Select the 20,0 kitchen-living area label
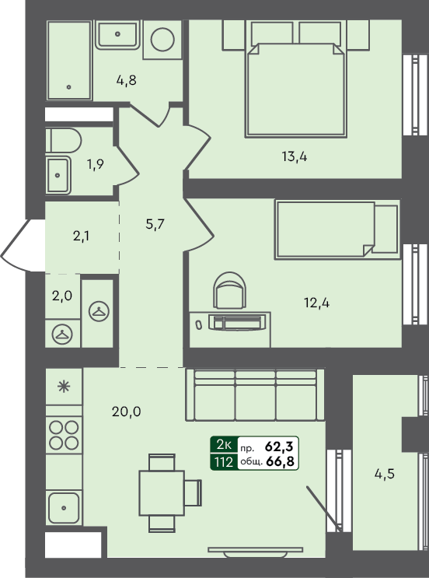click(x=126, y=412)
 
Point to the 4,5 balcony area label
click(x=386, y=473)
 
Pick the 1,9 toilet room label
click(x=95, y=164)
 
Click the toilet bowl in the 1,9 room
click(x=63, y=142)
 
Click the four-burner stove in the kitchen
click(x=64, y=433)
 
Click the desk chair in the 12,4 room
click(x=231, y=291)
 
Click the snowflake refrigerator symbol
click(x=64, y=387)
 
